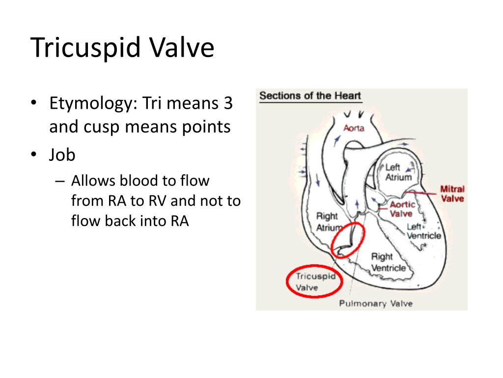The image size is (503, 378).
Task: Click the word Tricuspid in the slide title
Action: coord(86,48)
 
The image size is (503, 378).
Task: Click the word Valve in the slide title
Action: coord(182,48)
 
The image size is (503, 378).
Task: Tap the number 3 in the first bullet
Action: coord(228,103)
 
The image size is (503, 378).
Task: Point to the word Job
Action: coord(62,155)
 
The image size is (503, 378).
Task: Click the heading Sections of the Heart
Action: coord(310,96)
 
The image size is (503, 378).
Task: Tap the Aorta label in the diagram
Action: coord(354,128)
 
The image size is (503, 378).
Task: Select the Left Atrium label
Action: coord(398,172)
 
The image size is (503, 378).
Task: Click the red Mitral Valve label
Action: coord(452,194)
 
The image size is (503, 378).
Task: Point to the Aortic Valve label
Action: coord(402,209)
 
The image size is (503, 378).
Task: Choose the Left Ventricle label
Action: coord(424,231)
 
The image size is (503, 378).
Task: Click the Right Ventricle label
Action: coord(389,262)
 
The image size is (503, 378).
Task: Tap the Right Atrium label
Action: coord(328,221)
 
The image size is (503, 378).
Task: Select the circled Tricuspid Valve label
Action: coord(315,282)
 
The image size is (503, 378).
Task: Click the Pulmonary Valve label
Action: coord(376,303)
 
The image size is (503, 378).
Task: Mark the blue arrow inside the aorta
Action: coord(337,140)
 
